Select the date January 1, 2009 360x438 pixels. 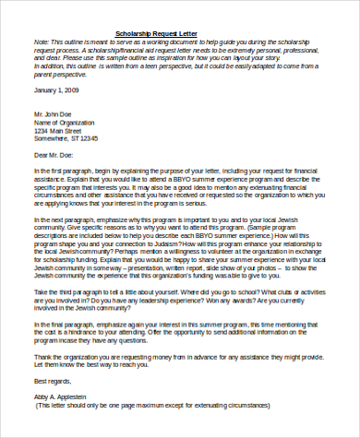(x=55, y=90)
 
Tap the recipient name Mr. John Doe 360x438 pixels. (x=54, y=114)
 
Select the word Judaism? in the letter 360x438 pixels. (x=190, y=235)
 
